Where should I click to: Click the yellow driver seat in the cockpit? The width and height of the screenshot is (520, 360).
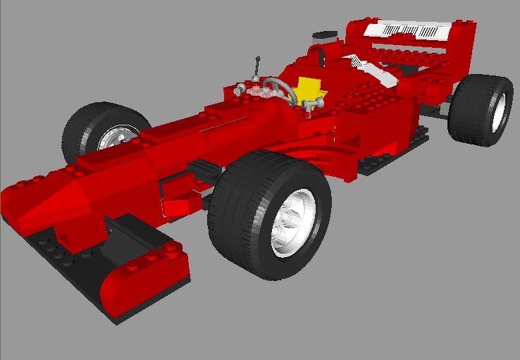[x=309, y=89]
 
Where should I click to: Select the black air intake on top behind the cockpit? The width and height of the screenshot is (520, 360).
[x=325, y=34]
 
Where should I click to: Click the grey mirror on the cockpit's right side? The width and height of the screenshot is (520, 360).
[x=316, y=103]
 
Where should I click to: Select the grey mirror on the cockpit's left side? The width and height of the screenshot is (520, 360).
[x=242, y=89]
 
